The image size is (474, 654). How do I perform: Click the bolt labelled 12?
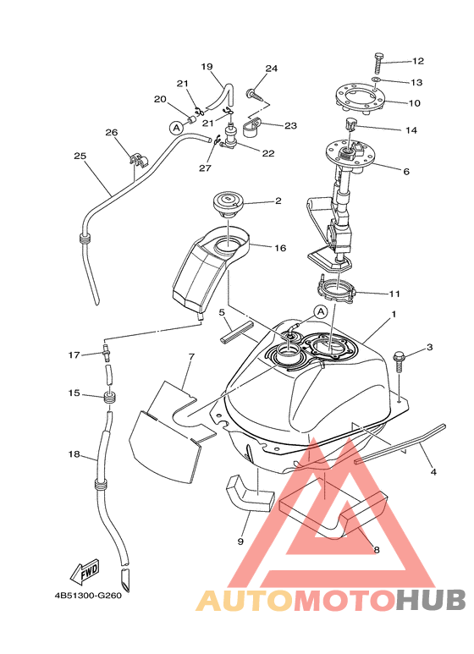379,63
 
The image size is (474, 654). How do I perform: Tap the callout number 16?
280,248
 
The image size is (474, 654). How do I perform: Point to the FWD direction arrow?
85,572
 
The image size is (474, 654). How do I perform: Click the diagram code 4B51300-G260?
88,595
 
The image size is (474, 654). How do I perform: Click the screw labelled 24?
255,94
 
